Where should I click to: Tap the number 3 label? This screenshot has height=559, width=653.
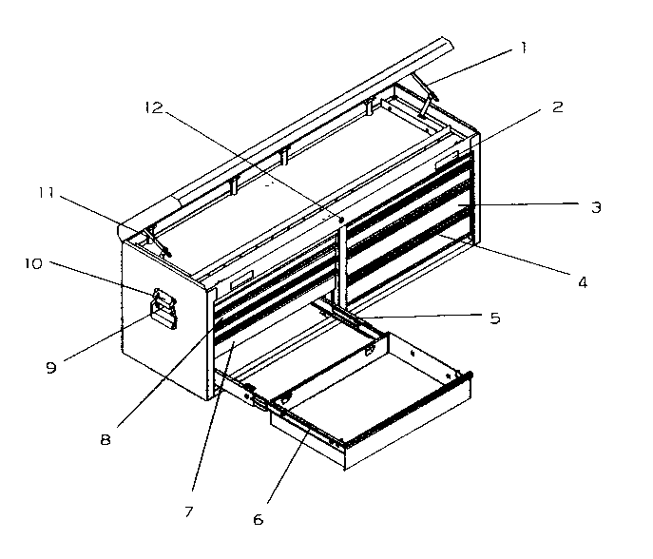[x=595, y=206]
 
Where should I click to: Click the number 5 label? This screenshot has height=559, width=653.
[x=494, y=318]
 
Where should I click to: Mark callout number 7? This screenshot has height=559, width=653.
[x=189, y=511]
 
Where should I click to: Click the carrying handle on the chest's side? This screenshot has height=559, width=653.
[x=164, y=309]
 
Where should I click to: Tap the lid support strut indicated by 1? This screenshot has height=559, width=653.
[x=425, y=102]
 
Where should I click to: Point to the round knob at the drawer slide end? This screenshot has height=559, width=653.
[x=468, y=376]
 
